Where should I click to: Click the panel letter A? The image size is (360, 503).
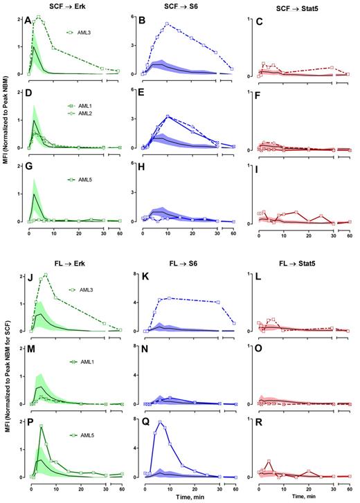(x=28, y=21)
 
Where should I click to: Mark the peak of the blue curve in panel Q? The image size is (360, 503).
(x=161, y=422)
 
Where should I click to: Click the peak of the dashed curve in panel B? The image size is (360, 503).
(x=168, y=24)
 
